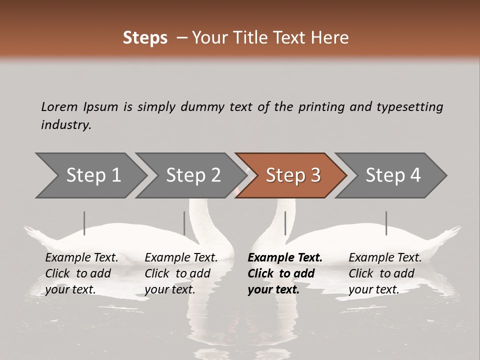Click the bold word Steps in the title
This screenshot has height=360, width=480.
pyautogui.click(x=145, y=38)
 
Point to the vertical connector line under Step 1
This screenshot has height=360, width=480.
pyautogui.click(x=84, y=223)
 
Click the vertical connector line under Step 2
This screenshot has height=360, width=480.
pyautogui.click(x=184, y=223)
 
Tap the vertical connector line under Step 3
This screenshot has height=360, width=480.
pyautogui.click(x=285, y=223)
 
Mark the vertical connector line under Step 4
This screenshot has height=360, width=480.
pyautogui.click(x=386, y=223)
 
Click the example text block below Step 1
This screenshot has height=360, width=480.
pyautogui.click(x=81, y=273)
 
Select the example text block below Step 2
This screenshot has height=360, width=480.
pyautogui.click(x=181, y=273)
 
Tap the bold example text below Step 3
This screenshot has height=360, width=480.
pyautogui.click(x=285, y=273)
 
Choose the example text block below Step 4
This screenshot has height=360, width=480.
pyautogui.click(x=385, y=273)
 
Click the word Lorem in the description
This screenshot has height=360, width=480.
pyautogui.click(x=59, y=106)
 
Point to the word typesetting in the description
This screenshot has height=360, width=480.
pyautogui.click(x=409, y=107)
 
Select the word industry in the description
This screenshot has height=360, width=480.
pyautogui.click(x=65, y=125)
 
